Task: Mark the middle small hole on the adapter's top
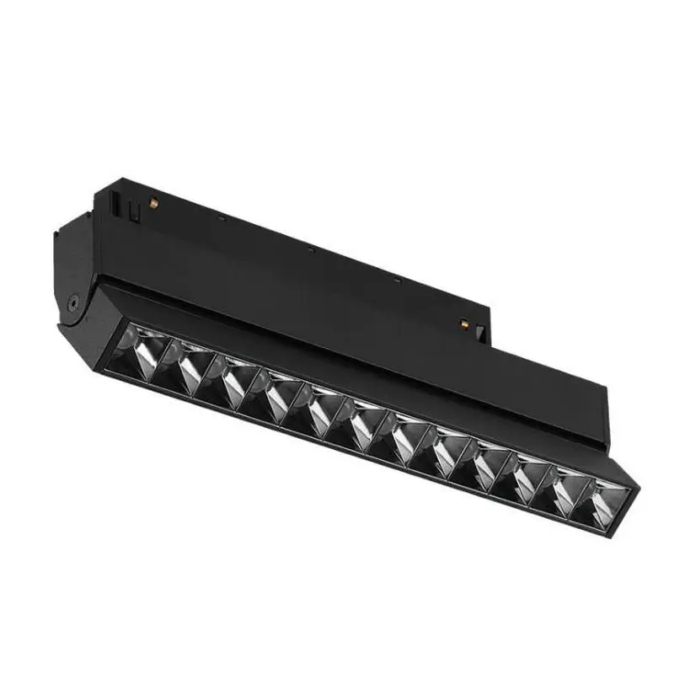coord(311,249)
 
